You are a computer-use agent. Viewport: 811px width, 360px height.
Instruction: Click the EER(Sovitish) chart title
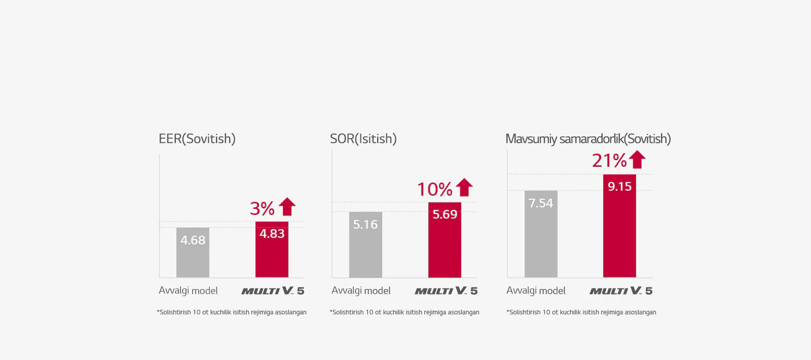click(197, 139)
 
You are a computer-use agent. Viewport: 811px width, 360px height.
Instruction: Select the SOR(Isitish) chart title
click(363, 139)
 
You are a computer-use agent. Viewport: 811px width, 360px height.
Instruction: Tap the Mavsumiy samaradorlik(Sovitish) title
click(588, 139)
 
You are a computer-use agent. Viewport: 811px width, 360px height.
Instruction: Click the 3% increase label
click(262, 208)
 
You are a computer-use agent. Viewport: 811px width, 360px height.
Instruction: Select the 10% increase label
click(434, 190)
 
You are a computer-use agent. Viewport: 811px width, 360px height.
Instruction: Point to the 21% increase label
click(609, 161)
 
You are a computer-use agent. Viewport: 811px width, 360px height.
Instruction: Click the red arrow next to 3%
click(287, 207)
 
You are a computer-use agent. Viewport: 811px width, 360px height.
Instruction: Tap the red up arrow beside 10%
click(464, 188)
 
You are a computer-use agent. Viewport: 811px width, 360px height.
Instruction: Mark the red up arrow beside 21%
click(637, 160)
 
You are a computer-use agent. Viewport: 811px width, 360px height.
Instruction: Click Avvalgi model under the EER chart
click(188, 291)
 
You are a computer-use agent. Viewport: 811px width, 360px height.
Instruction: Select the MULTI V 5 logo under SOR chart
click(446, 291)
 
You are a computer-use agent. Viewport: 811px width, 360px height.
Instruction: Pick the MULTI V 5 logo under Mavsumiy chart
click(621, 291)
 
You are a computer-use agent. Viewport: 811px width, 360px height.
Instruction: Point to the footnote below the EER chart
click(232, 312)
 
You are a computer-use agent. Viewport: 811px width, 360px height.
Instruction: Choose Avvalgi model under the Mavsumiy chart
click(536, 291)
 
